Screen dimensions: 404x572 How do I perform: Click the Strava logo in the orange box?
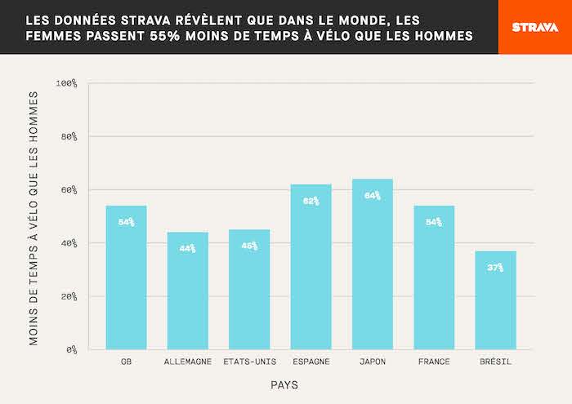point(534,27)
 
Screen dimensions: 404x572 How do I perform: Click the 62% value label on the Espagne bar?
point(311,201)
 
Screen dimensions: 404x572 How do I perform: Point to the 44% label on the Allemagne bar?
point(188,248)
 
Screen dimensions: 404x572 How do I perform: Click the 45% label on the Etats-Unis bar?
point(249,246)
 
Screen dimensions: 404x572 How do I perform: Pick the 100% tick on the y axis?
point(66,83)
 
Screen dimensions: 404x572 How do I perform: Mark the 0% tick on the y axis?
point(69,349)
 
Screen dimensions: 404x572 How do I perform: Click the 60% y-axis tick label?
point(68,190)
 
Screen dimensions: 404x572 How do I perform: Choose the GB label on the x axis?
point(127,362)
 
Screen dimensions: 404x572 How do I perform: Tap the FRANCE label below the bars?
point(434,362)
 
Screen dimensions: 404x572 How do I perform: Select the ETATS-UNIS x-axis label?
point(249,362)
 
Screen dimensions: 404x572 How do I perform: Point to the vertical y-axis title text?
point(34,215)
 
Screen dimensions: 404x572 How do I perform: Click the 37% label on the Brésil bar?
point(495,267)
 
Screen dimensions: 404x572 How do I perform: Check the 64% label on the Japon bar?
point(372,196)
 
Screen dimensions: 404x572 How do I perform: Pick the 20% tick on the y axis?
point(68,296)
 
